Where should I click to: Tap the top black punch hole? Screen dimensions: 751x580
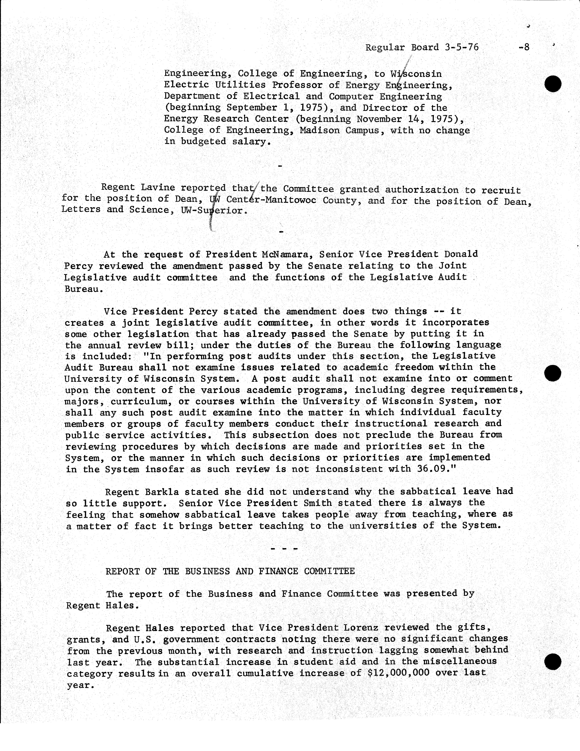[x=553, y=84]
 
